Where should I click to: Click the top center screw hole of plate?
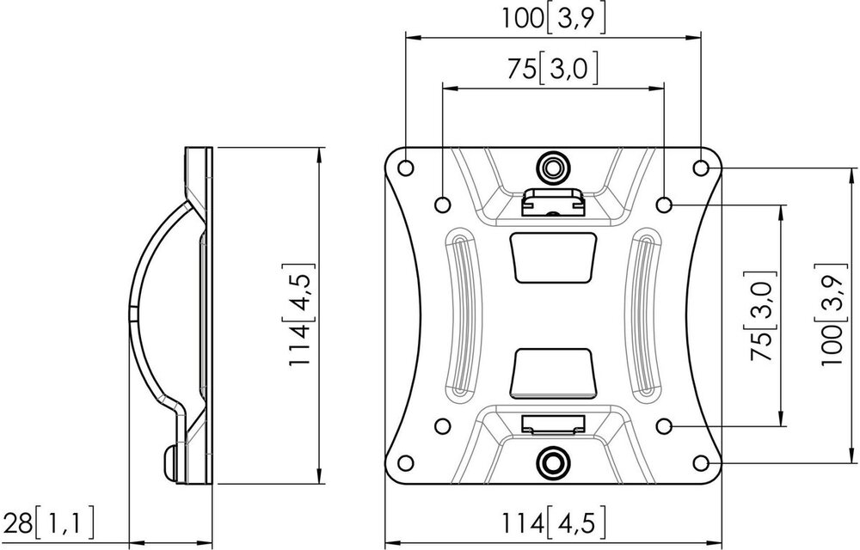(x=553, y=164)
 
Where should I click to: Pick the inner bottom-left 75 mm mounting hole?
(x=442, y=425)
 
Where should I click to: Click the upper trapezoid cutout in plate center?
(x=554, y=257)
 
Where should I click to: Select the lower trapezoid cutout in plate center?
(x=554, y=371)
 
